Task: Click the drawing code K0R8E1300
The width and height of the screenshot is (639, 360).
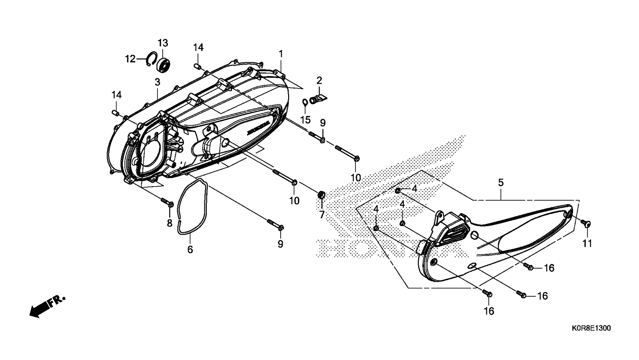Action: (590, 329)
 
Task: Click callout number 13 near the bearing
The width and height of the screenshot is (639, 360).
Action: (162, 43)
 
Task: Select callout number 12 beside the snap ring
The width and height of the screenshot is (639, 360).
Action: (130, 59)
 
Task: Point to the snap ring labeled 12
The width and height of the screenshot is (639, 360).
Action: (151, 59)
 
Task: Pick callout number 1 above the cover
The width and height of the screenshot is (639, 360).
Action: (281, 54)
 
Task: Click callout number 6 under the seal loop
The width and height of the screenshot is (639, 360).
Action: (190, 250)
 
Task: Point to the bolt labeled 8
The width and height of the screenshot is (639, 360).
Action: (168, 202)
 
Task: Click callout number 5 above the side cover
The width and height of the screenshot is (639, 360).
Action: (501, 183)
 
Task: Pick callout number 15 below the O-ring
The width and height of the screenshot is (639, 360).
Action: (305, 120)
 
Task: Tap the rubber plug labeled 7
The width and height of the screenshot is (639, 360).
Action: (321, 194)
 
